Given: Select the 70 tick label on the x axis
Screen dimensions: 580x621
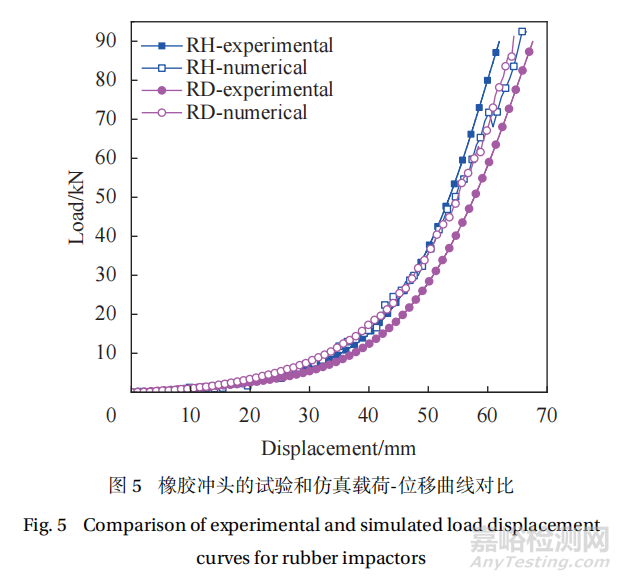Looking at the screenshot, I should click(x=546, y=414).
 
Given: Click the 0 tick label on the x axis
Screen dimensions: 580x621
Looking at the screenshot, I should click(x=111, y=414).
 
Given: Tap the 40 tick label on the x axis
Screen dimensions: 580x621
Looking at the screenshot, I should click(x=368, y=414).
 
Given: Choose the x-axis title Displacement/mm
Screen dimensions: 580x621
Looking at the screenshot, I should click(x=339, y=447).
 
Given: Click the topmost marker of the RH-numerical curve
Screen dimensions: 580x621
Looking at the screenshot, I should click(x=522, y=31).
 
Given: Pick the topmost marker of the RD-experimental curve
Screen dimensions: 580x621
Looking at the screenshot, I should click(x=530, y=52).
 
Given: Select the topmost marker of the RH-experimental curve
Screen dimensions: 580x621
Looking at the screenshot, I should click(x=496, y=52).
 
